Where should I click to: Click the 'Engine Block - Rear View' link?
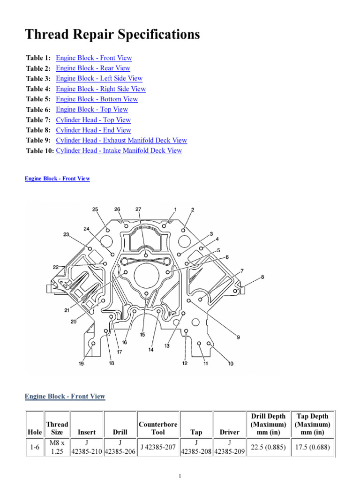(x=93, y=68)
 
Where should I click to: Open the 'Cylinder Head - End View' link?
(x=93, y=130)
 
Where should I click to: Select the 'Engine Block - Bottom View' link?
(x=97, y=99)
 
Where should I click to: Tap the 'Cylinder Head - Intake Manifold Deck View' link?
(x=119, y=151)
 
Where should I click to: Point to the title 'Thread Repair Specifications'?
(x=112, y=34)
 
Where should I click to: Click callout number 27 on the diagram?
(x=138, y=210)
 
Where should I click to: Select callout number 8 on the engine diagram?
(x=262, y=277)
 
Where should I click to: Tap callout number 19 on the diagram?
(x=82, y=364)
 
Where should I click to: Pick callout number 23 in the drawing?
(x=66, y=234)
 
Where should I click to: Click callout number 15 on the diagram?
(x=142, y=335)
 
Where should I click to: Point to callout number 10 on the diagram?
(x=231, y=363)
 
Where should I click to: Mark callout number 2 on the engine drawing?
(x=192, y=210)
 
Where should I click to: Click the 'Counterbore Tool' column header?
(x=158, y=428)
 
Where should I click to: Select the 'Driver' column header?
(x=229, y=432)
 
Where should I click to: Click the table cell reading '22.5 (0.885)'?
(x=268, y=448)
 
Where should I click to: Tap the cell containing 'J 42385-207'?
(x=158, y=448)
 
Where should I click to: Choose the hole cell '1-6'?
(x=34, y=448)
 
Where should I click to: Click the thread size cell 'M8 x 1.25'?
(x=57, y=448)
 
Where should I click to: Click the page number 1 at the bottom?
(x=180, y=476)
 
